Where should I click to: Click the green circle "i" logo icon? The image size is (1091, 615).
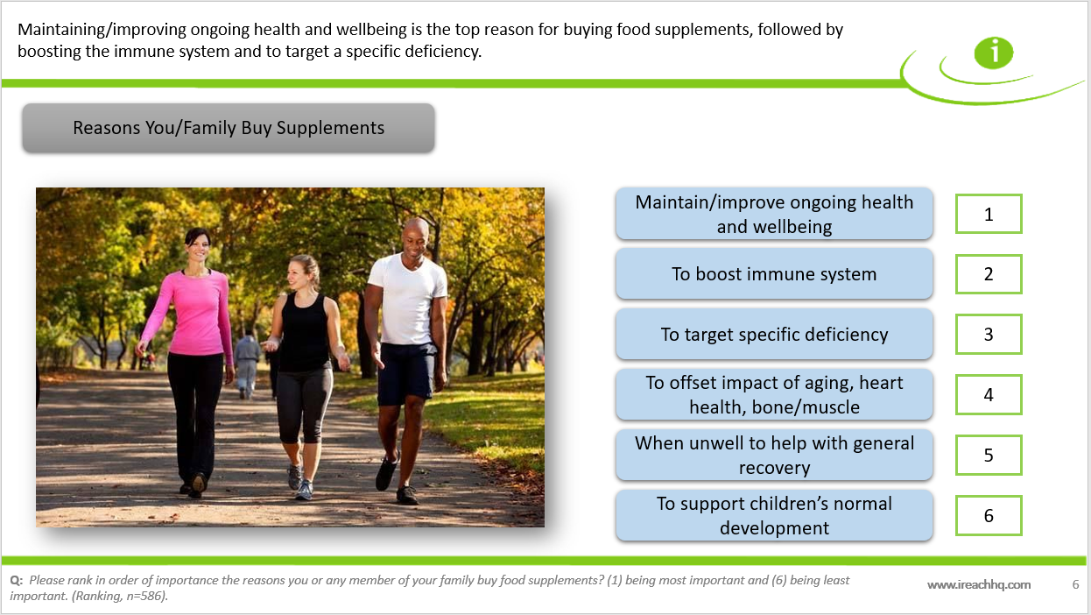tap(994, 53)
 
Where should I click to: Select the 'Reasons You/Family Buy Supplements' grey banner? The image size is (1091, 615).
tap(229, 128)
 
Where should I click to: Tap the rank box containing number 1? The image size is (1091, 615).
tap(989, 214)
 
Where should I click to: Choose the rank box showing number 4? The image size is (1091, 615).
tap(989, 395)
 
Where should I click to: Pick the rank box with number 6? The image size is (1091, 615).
tap(989, 516)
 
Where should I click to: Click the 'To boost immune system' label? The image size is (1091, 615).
tap(774, 274)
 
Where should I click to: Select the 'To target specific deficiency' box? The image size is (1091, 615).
tap(774, 335)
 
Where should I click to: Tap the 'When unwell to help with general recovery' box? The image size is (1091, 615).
tap(774, 456)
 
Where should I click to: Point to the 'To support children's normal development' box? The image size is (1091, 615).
tap(774, 516)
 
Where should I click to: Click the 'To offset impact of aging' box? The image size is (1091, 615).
tap(774, 395)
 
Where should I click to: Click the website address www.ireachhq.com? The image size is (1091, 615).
tap(979, 585)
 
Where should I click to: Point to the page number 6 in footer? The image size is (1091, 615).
tap(1075, 584)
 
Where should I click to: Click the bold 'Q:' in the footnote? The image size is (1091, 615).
tap(16, 581)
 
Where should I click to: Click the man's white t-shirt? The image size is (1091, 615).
tap(408, 298)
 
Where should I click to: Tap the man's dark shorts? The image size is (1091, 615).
tap(406, 373)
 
